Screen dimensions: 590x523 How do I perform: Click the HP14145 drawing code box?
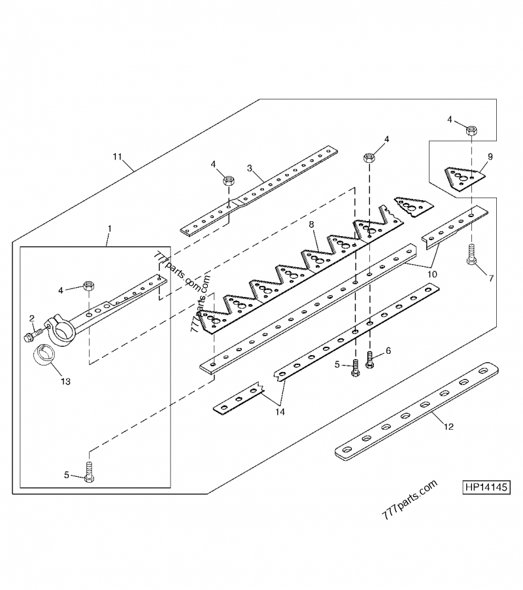pos(487,487)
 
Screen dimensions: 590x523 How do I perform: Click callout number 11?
pos(117,157)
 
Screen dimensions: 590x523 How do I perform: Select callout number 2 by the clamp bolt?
pos(31,318)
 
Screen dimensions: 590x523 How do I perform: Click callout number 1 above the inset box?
pos(109,229)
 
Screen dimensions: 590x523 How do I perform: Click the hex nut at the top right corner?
pos(469,131)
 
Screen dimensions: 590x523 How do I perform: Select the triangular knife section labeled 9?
pos(463,178)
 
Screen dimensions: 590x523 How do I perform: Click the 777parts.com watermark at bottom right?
pos(409,500)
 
